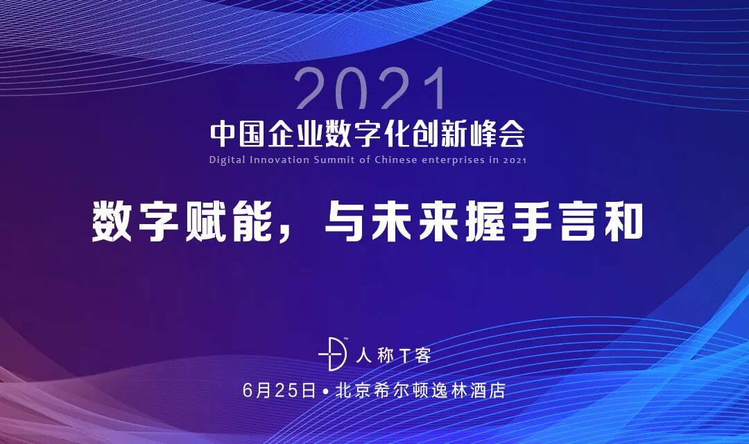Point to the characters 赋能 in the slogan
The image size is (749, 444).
pyautogui.click(x=218, y=222)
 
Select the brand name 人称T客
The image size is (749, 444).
pyautogui.click(x=393, y=356)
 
